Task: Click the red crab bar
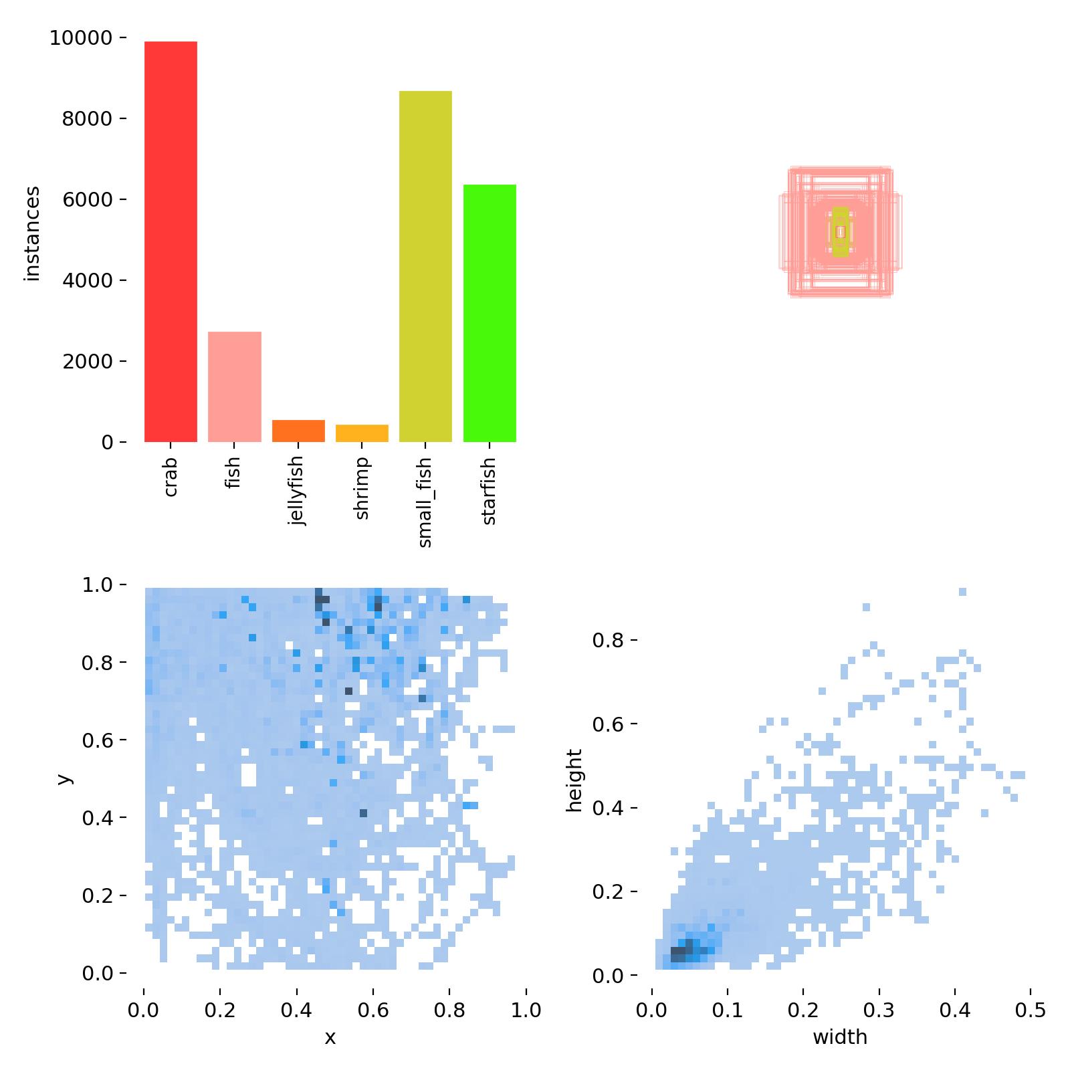(171, 241)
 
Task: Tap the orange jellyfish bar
(298, 431)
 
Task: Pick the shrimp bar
(362, 433)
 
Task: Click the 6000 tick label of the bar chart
(86, 199)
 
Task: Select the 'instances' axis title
(32, 234)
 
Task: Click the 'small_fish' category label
(425, 502)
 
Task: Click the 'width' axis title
(840, 1037)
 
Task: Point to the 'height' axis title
(574, 780)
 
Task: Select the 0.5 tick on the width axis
(1031, 1009)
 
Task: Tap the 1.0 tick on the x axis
(526, 1009)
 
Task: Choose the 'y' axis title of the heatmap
(64, 779)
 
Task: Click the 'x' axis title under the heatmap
(330, 1037)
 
